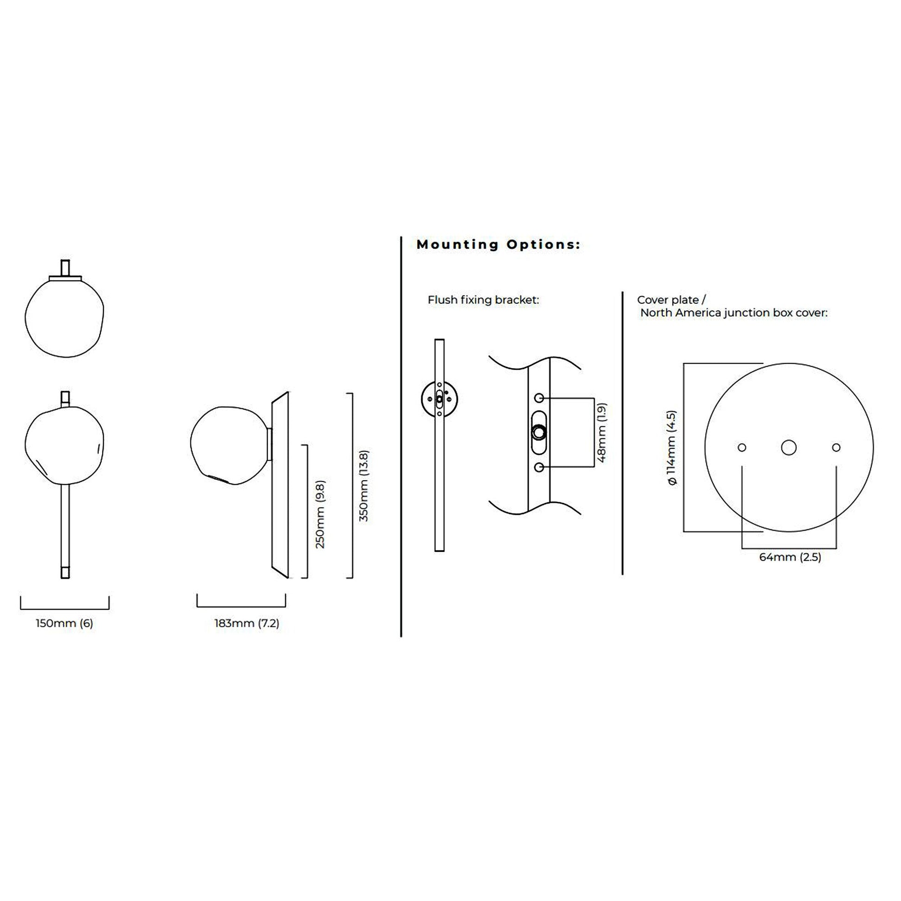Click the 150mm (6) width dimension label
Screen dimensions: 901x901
point(64,624)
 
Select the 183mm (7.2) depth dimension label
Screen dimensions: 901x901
point(247,624)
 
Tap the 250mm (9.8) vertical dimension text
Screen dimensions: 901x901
point(320,514)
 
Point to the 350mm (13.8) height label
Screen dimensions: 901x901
point(364,486)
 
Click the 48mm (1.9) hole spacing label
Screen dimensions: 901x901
point(601,433)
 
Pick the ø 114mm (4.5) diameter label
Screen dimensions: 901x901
point(671,448)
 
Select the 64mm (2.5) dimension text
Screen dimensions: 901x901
point(790,557)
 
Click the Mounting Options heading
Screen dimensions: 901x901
point(499,244)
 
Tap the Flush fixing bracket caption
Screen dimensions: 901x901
point(483,300)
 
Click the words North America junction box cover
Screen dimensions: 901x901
point(733,313)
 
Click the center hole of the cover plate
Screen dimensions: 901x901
point(788,448)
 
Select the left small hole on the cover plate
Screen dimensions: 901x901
point(742,448)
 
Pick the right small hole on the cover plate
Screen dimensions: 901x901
point(836,448)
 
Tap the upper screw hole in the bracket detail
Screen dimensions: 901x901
point(539,398)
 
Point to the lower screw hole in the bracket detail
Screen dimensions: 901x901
point(539,467)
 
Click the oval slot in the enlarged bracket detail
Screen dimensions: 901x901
point(539,432)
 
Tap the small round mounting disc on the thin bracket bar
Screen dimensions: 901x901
point(439,399)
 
